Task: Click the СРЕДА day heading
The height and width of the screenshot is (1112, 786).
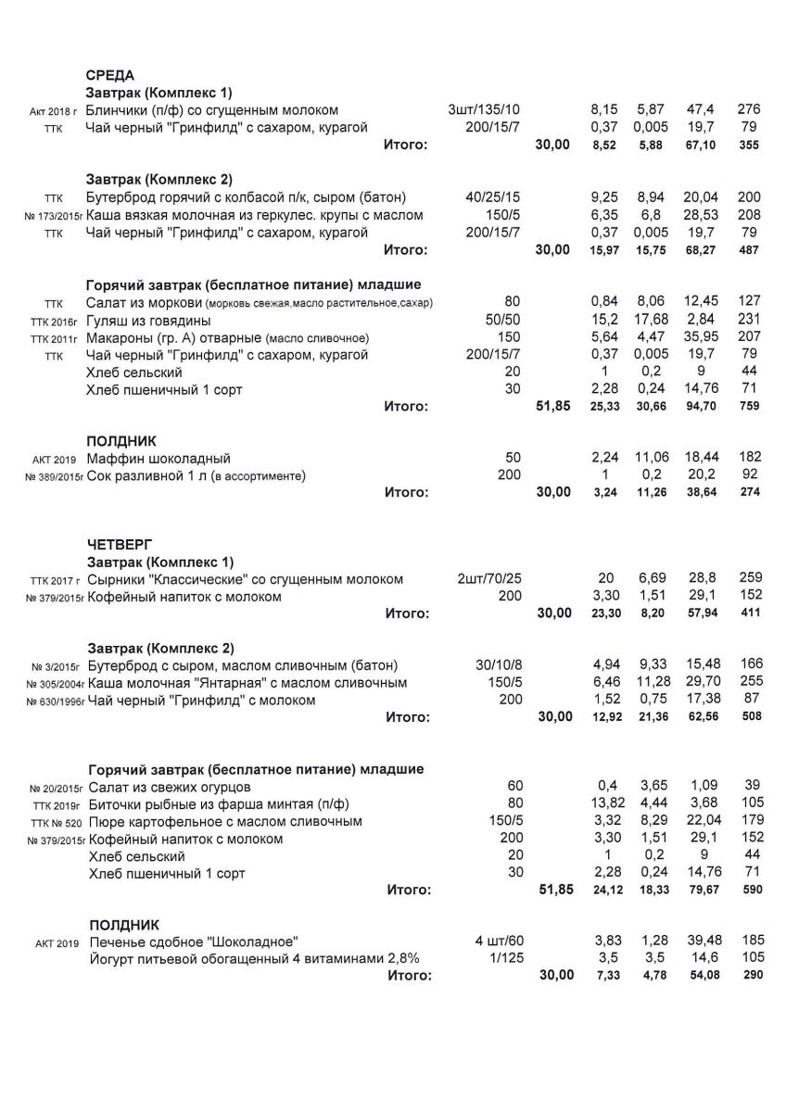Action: point(110,75)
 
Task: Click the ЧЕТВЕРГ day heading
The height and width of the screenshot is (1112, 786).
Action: point(120,544)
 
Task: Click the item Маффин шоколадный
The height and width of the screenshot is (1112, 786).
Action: point(158,459)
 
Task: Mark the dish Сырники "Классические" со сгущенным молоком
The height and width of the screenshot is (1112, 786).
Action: point(245,579)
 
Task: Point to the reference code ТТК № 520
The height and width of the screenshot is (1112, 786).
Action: point(57,823)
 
